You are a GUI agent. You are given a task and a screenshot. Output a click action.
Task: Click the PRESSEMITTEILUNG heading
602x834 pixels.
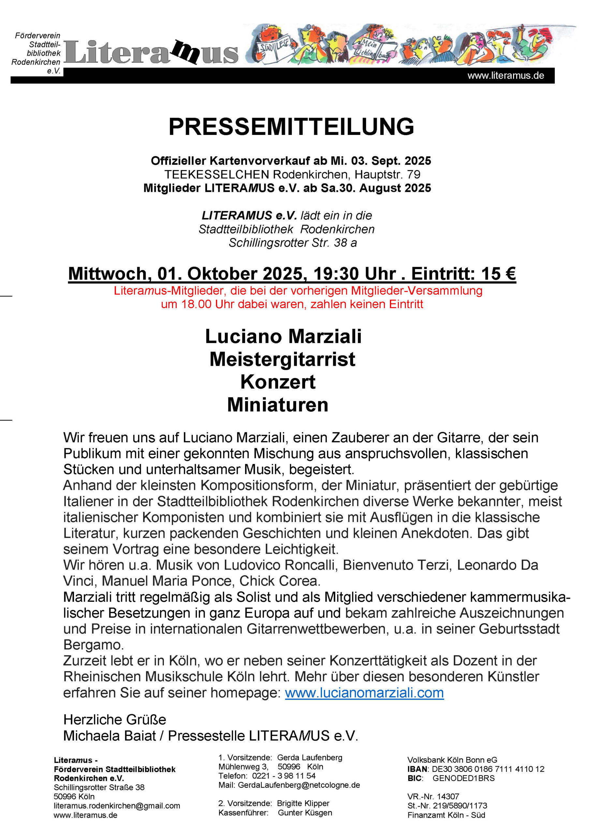click(291, 127)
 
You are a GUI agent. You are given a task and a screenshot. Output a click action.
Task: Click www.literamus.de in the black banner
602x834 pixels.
click(505, 76)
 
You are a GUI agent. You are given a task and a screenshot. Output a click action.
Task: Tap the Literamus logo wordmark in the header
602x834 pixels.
click(151, 52)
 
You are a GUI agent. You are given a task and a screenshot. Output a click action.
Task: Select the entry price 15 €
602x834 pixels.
click(498, 274)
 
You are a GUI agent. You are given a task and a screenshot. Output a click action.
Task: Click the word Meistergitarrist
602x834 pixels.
click(282, 359)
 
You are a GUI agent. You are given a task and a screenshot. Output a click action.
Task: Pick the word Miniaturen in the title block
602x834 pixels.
click(277, 405)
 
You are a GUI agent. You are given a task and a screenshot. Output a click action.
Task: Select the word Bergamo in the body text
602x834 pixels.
click(94, 645)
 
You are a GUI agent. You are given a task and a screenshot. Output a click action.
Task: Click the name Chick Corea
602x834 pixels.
click(280, 581)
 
